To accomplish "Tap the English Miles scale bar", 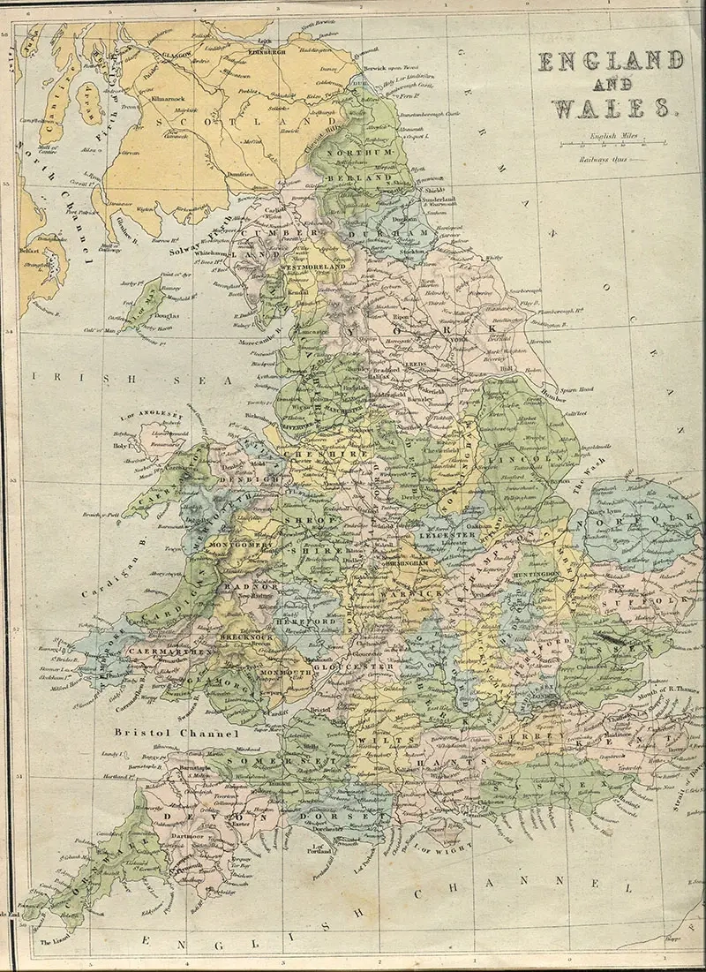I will click(610, 145).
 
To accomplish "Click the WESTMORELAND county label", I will click(312, 266).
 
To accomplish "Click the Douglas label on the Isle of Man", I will click(167, 314).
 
